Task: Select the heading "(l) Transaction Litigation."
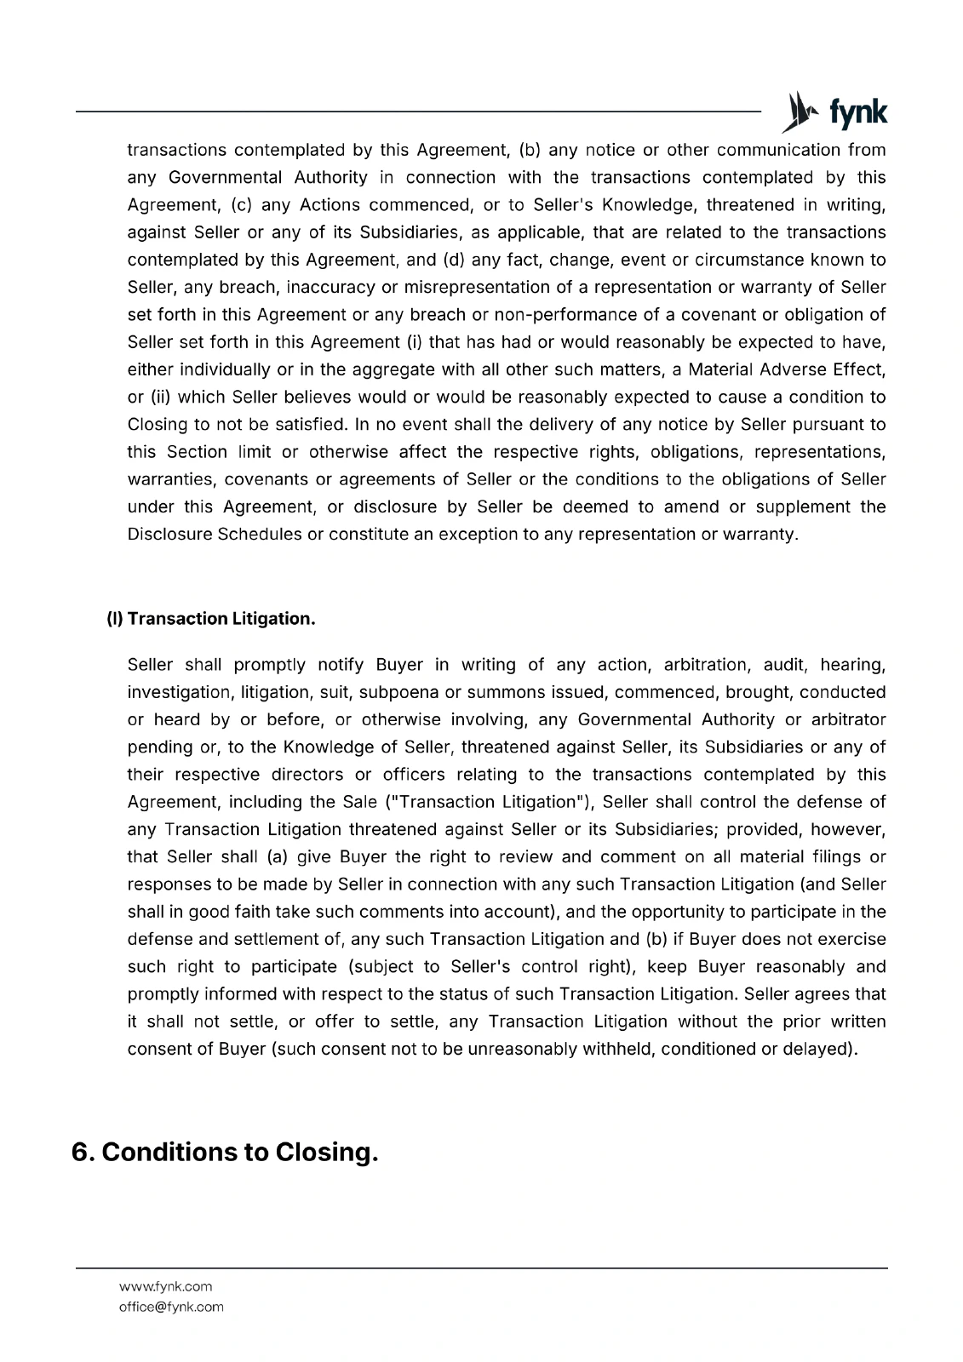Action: tap(210, 619)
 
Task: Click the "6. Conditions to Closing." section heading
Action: tap(225, 1152)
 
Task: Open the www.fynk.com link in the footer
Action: tap(165, 1286)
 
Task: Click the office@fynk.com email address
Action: tap(171, 1307)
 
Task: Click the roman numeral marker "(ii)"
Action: tap(161, 398)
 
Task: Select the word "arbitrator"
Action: tap(849, 719)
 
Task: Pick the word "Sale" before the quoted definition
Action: tap(359, 802)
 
